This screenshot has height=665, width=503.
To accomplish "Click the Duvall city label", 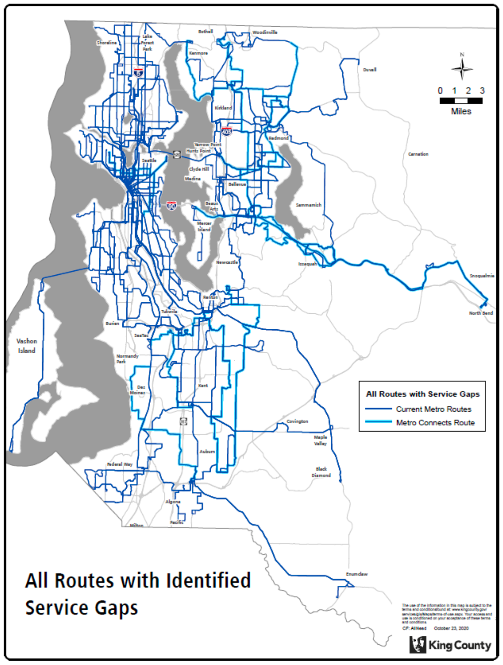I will point(369,70).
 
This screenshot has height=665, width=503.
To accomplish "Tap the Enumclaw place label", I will point(357,574).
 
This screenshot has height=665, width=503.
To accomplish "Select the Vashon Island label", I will point(27,346).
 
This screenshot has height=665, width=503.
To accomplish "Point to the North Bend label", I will point(481,313).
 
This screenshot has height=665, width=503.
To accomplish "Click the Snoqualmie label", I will point(481,276).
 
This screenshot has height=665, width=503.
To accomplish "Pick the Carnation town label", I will point(418,154).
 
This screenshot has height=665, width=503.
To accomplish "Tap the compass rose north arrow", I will point(462,68).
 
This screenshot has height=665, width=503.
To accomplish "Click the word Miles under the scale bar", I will point(461,111).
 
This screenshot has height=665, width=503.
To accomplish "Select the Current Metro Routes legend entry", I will point(433,409).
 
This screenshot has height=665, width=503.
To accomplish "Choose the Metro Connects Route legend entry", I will point(435,422).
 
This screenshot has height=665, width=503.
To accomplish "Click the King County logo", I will point(450,645).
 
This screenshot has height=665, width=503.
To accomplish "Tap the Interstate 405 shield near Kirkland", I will point(226,131).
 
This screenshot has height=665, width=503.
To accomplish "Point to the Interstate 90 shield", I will point(171,206).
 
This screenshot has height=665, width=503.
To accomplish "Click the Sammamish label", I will point(308,205).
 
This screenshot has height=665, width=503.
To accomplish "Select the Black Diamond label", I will point(321,472).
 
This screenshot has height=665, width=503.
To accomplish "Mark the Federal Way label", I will point(120,464).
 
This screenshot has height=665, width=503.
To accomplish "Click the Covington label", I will point(297,421).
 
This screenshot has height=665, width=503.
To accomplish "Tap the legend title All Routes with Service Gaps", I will point(422,394).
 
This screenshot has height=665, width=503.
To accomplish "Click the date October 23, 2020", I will point(451,628).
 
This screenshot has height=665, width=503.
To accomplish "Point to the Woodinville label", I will point(265,32).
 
